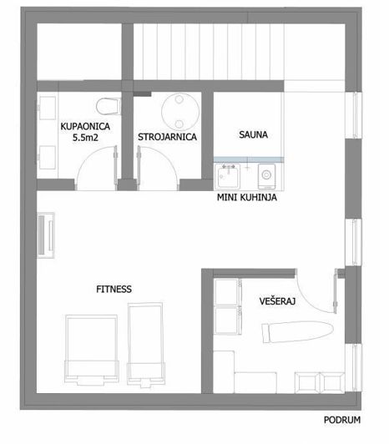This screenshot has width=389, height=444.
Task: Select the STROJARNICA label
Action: (x=167, y=138)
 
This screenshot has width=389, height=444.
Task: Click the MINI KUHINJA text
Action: (x=247, y=199)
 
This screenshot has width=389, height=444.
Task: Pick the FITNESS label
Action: (x=114, y=289)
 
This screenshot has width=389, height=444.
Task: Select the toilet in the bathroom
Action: (x=107, y=106)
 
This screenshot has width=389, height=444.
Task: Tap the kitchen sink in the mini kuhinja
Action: (x=227, y=175)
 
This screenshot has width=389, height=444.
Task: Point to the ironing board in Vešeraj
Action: (x=296, y=333)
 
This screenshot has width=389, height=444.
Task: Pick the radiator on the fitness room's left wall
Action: (x=47, y=234)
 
